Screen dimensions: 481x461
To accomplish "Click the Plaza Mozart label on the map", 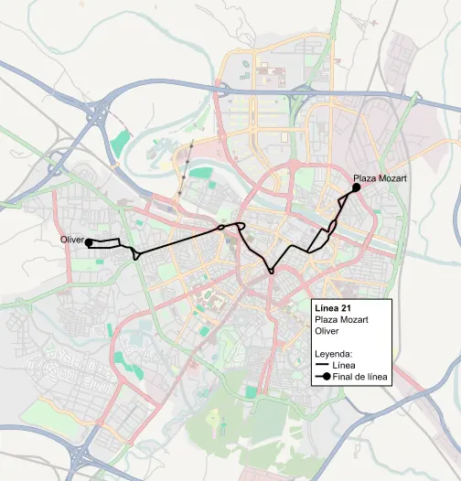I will pyautogui.click(x=380, y=179).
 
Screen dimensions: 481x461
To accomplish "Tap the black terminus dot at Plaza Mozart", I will pyautogui.click(x=356, y=187).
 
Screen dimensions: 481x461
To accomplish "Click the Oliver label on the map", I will pyautogui.click(x=71, y=240).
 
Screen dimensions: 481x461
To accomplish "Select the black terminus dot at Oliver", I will pyautogui.click(x=89, y=243).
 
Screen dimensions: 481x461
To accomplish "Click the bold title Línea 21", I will pyautogui.click(x=331, y=307).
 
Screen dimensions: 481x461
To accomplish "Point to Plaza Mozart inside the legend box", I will pyautogui.click(x=341, y=319).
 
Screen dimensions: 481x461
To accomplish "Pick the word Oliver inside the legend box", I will pyautogui.click(x=327, y=331).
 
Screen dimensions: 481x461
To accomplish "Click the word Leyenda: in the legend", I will pyautogui.click(x=334, y=353).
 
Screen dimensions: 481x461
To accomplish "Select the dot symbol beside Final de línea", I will pyautogui.click(x=325, y=378).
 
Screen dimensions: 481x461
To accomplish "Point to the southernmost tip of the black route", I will pyautogui.click(x=271, y=272).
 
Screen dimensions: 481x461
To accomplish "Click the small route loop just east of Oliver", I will pyautogui.click(x=136, y=253).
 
